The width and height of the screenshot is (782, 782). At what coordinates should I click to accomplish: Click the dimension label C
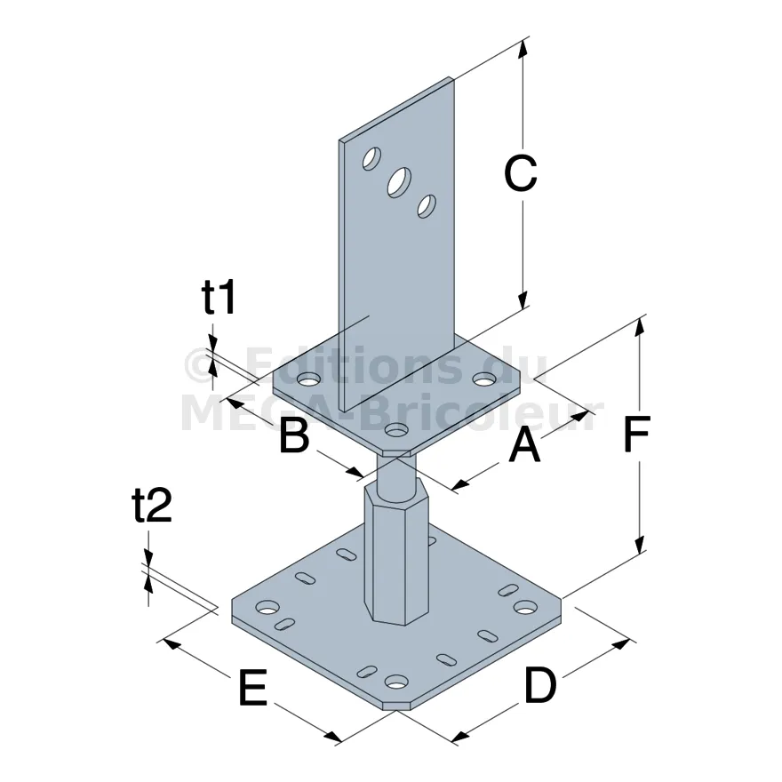click(520, 173)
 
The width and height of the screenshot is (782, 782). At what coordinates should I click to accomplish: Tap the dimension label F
click(636, 433)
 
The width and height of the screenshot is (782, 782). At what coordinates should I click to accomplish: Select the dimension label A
click(524, 445)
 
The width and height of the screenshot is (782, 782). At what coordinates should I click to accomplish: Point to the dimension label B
click(294, 435)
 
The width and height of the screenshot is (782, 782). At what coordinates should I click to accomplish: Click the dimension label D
click(540, 685)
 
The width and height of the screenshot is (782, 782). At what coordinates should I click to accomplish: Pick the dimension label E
click(253, 688)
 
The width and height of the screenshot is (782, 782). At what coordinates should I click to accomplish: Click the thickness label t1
click(219, 297)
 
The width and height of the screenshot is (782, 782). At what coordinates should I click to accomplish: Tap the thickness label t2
click(152, 505)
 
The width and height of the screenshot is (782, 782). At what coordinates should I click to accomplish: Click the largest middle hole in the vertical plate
click(400, 182)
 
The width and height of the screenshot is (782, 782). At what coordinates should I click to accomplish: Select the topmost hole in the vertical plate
click(371, 159)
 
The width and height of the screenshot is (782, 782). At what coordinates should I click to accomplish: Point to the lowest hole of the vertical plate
click(427, 206)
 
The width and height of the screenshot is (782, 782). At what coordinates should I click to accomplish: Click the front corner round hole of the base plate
click(397, 681)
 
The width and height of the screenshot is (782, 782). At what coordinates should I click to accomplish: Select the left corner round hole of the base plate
click(267, 607)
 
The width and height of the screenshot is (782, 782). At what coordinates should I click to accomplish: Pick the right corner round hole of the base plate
click(526, 607)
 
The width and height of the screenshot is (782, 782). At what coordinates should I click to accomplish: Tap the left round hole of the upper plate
click(308, 380)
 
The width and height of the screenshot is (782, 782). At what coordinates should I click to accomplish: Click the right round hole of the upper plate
click(483, 379)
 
